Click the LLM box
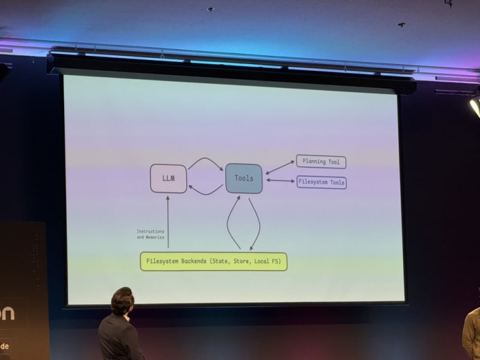[168, 178]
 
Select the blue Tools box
[244, 178]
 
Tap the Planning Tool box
[321, 161]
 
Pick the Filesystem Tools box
[322, 182]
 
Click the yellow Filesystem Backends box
[214, 262]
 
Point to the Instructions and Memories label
[150, 234]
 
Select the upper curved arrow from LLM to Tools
[205, 160]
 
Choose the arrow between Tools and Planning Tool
[280, 167]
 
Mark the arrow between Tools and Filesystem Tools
[280, 180]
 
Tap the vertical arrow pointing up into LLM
[168, 222]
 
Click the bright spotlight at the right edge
[475, 107]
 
